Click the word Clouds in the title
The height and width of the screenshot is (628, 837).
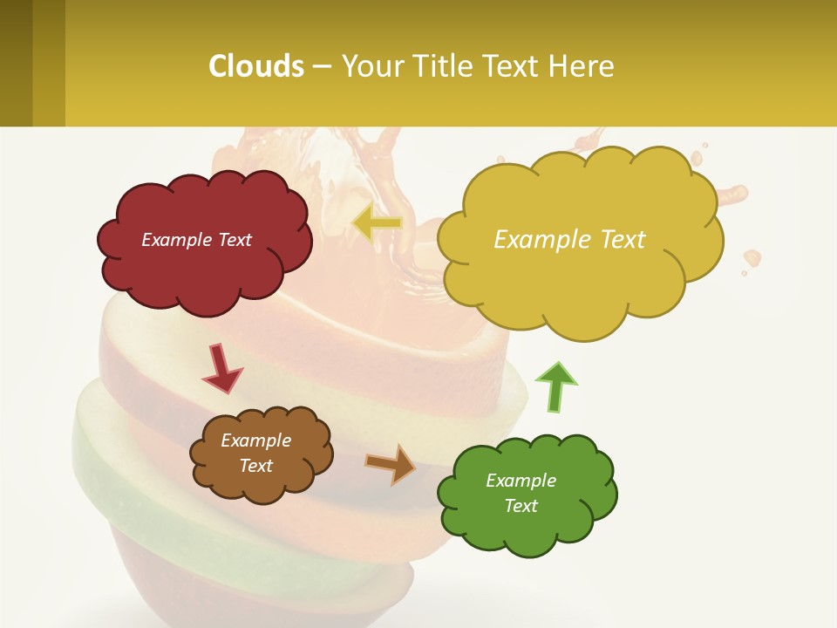coord(256,66)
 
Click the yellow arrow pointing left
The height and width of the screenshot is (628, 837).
coord(377,223)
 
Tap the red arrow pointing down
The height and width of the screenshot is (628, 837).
coord(221,368)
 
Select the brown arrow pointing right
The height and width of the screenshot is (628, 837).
coord(391,463)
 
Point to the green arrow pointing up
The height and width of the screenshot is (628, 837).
coord(556,386)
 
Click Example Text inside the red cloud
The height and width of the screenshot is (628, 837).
coord(196,240)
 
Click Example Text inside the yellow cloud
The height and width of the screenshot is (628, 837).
coord(569,240)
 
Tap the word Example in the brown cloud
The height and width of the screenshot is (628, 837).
coord(255,440)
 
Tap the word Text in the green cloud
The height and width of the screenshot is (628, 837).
coord(521,506)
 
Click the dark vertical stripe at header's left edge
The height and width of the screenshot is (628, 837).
coord(16,63)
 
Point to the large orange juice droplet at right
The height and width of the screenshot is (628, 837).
coord(752,257)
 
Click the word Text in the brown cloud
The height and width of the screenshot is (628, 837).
coord(255,466)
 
